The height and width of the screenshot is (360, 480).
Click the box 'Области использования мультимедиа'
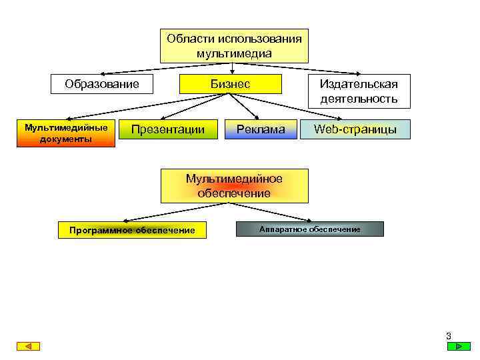234,45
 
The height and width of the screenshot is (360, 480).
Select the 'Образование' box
102,84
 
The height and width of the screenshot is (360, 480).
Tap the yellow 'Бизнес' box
231,84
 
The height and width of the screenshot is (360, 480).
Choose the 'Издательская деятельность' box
359,91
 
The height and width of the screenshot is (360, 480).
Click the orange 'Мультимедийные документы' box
66,133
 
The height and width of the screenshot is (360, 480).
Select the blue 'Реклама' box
261,129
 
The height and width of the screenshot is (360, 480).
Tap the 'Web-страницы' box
355,129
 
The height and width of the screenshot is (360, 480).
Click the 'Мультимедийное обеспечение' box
234,186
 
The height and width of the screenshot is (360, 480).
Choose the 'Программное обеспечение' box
132,231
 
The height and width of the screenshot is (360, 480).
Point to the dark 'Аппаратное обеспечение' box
310,229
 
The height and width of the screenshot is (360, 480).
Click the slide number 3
449,336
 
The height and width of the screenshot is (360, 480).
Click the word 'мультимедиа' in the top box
234,53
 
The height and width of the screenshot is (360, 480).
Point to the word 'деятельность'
359,99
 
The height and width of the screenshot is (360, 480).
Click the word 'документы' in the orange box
66,139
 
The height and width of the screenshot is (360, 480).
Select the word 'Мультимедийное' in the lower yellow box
234,179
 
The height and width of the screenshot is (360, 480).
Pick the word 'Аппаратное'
282,229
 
